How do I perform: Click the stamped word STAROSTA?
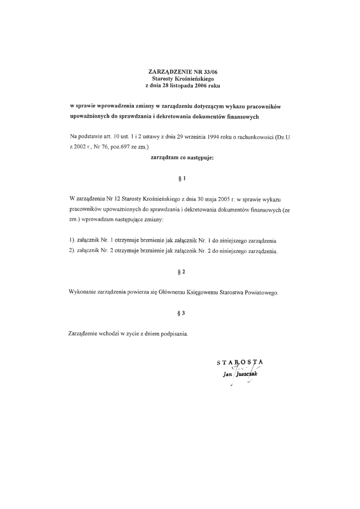click(x=241, y=362)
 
